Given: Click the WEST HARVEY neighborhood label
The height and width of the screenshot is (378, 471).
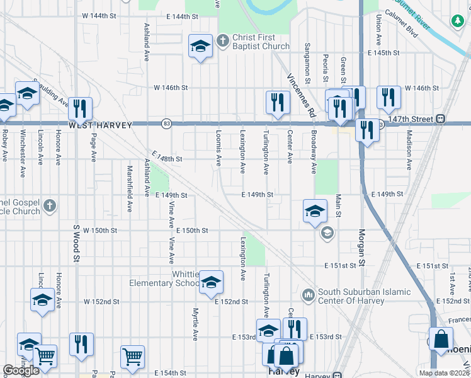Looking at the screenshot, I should coord(100,125).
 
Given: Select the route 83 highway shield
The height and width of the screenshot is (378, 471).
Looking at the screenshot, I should coord(166,123).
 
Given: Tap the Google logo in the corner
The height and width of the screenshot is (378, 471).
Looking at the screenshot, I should coord(21,370).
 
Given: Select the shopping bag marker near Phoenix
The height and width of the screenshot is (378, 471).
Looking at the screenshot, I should coord(441,339).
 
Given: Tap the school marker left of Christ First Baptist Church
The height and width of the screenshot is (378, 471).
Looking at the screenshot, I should coord(201,46).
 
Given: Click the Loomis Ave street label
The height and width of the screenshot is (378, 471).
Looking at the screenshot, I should coord(218,147).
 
